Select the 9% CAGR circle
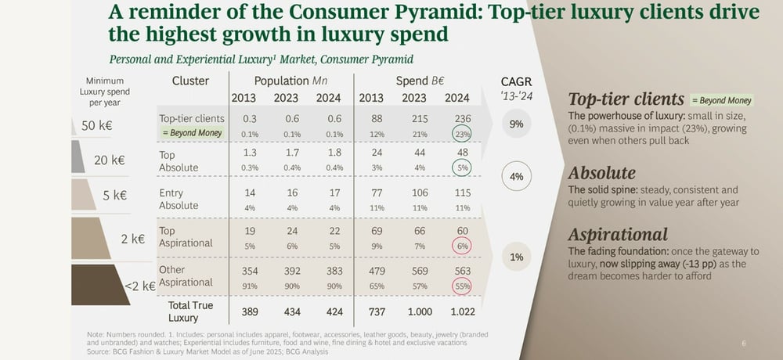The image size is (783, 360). tap(516, 124)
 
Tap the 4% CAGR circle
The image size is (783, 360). tap(516, 176)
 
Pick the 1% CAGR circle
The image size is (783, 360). tap(516, 257)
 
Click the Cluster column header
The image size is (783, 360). tap(189, 81)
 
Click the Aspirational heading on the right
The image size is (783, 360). tap(618, 235)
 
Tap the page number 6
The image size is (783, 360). tap(743, 343)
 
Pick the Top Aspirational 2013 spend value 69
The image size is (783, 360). tap(370, 232)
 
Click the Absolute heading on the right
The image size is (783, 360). tap(601, 172)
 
